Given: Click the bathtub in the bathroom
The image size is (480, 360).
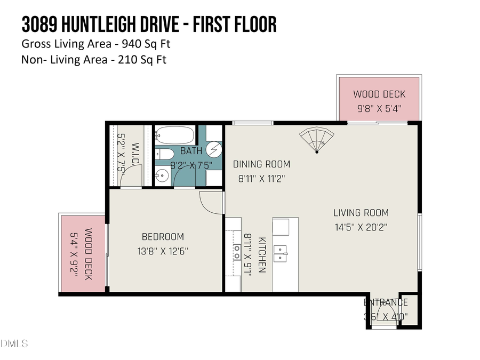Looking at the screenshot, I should coord(175,134).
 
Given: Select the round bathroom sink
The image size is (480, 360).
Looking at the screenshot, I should coord(162,175).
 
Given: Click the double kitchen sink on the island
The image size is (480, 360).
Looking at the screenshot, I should coord(281,253).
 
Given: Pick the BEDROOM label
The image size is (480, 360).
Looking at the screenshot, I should coord(163,237).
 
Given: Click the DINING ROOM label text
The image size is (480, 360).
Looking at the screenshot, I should coord(262,164).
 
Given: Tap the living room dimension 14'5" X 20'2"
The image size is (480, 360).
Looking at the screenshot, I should coord(361,227).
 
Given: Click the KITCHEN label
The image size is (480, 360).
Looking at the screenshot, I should coord(262,255).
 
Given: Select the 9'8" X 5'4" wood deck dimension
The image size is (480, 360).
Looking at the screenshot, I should coord(379,108).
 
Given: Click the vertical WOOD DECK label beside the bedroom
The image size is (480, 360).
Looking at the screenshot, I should coord(88,254).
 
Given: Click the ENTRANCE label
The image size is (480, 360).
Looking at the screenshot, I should coord(386,303).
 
